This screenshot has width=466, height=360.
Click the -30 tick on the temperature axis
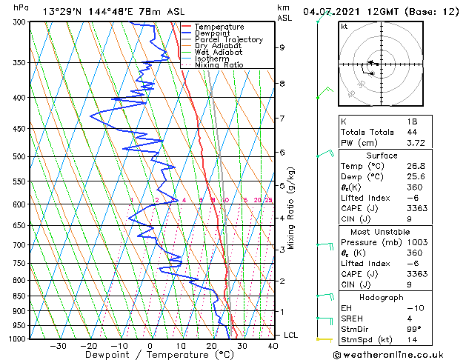[x=58, y=345]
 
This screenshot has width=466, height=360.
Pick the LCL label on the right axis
[x=292, y=335]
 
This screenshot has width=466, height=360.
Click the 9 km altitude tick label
[x=282, y=47]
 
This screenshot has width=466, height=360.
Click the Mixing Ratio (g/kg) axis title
[x=291, y=207]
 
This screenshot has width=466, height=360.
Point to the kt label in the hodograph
[x=344, y=27]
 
